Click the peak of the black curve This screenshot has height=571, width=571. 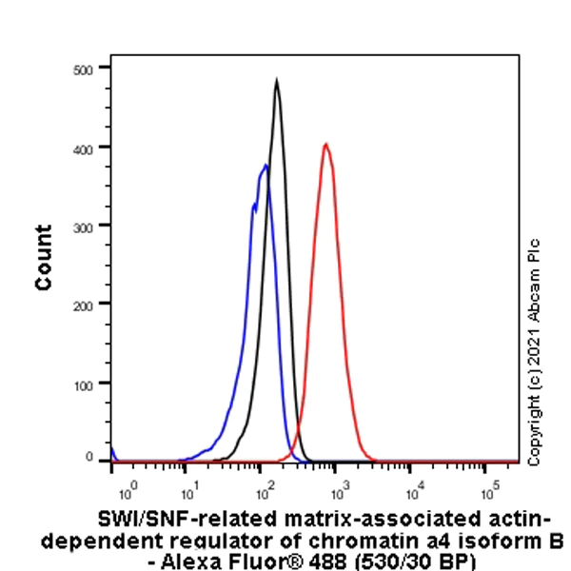(276, 81)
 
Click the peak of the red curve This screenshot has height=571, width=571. (325, 145)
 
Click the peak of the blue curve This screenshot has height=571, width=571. (266, 166)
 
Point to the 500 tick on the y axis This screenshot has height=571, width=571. (84, 69)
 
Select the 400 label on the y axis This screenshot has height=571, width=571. (84, 148)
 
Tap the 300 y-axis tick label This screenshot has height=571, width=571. (84, 226)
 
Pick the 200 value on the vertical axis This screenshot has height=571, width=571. (84, 304)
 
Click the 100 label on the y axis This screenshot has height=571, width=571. (84, 383)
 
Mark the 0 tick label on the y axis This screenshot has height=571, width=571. (89, 460)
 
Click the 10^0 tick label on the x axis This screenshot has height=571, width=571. (128, 490)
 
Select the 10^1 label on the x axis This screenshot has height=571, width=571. (189, 490)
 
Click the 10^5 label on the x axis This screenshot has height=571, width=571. (489, 490)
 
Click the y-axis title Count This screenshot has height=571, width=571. (44, 257)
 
